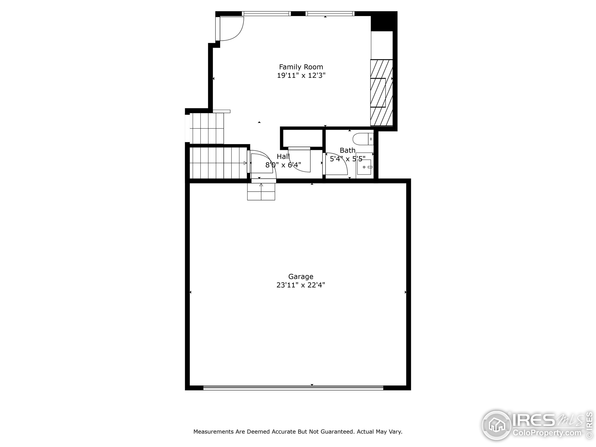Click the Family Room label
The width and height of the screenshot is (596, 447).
[x=301, y=67]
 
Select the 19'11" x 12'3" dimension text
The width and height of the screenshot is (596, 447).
[x=301, y=75]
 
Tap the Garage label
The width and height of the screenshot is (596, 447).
[x=301, y=276]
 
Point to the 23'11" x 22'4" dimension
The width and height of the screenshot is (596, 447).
[x=301, y=285]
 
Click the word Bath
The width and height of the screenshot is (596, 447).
[x=347, y=150]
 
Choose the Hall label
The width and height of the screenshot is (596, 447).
[x=283, y=156]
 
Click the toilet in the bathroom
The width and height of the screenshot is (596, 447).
[x=362, y=139]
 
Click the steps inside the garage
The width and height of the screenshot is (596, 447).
[x=261, y=192]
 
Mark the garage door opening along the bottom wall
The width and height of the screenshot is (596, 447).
[x=293, y=388]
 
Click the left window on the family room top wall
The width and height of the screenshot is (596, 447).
[x=266, y=14]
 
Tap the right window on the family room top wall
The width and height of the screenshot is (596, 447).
[x=330, y=14]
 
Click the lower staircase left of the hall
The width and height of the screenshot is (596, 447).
[x=218, y=163]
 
